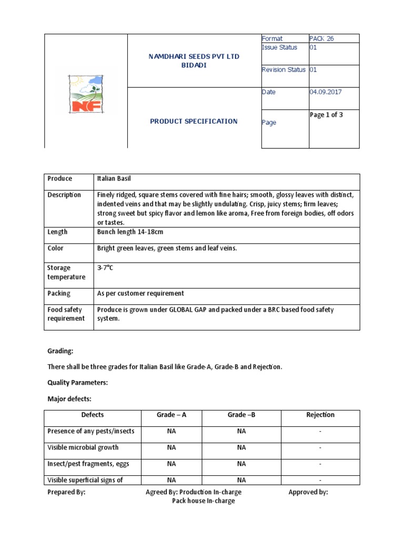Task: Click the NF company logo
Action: [86, 94]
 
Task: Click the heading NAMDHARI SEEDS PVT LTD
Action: [194, 56]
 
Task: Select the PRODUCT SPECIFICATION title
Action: [194, 121]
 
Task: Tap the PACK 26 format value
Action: [322, 38]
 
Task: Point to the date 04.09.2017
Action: [326, 92]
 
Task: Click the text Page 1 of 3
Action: [326, 115]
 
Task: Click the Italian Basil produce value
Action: [117, 179]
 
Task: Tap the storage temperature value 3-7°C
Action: [105, 268]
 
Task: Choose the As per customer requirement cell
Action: [140, 293]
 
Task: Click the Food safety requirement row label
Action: [66, 314]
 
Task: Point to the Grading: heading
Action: [60, 350]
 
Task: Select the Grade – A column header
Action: [171, 415]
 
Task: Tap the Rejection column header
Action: [320, 415]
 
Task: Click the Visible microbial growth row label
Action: [83, 447]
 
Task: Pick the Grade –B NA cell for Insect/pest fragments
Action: [241, 464]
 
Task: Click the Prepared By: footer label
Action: [66, 492]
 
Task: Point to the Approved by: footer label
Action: [308, 492]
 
